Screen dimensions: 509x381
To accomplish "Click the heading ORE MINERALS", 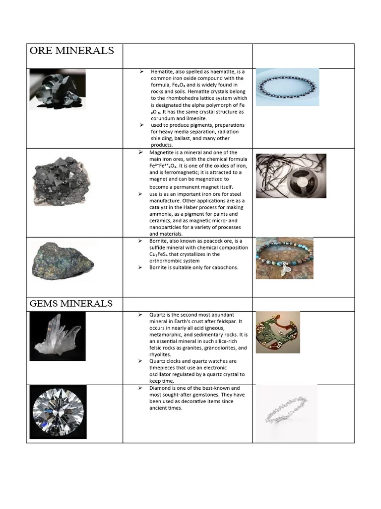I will (x=72, y=51).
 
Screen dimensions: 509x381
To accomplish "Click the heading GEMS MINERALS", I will (x=71, y=304).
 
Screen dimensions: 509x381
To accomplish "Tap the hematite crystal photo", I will (x=58, y=89).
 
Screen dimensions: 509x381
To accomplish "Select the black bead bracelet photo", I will (x=287, y=87).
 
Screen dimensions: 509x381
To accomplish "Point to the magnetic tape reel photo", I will (x=291, y=175).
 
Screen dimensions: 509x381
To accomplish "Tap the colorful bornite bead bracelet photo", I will (x=284, y=258).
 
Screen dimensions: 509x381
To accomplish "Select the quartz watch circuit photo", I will (x=277, y=332).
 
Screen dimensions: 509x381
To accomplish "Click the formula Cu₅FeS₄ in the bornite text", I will (x=161, y=254).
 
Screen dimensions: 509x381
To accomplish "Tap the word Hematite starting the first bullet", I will (x=163, y=72).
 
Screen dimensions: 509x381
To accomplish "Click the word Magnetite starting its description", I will (x=163, y=153).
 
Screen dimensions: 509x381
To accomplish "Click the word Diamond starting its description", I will (x=161, y=388).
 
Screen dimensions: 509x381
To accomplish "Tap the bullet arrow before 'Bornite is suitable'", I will (x=141, y=267).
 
